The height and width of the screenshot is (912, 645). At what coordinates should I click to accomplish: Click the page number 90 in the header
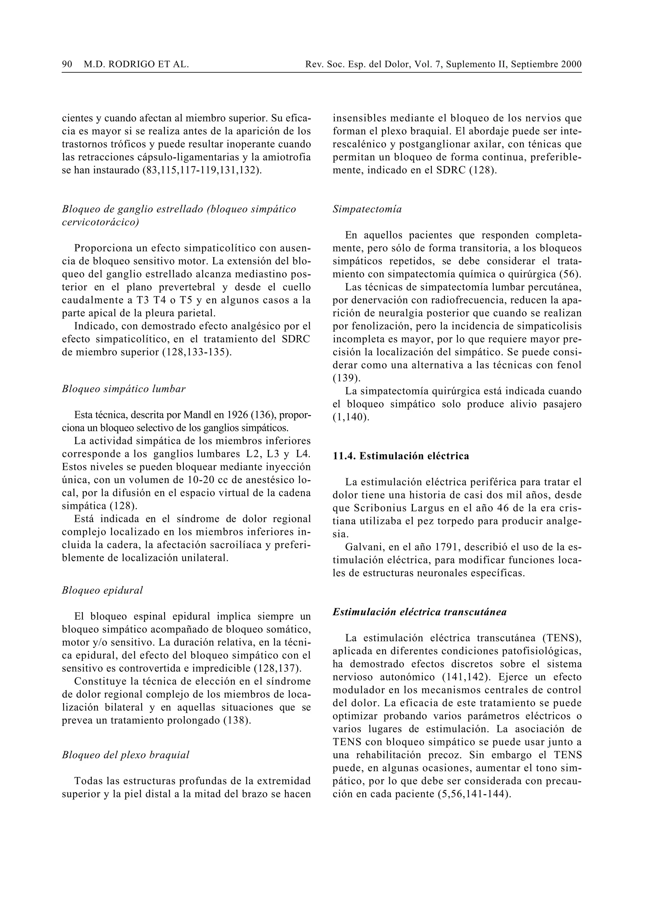[x=67, y=64]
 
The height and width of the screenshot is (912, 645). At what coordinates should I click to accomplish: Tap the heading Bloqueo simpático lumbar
[x=123, y=389]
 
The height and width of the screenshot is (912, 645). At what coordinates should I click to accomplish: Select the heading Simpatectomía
[x=367, y=209]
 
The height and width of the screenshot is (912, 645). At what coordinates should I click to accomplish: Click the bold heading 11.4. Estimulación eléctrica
[x=401, y=456]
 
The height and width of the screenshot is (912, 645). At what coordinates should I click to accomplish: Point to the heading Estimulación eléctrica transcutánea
[x=419, y=612]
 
